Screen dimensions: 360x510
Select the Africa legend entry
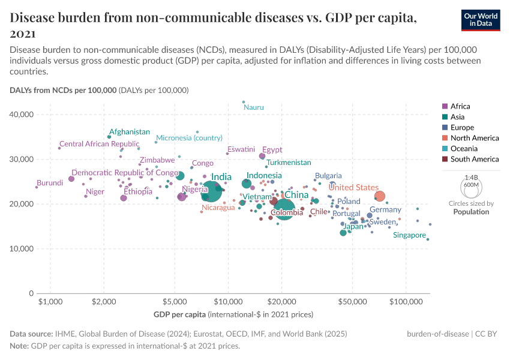(x=460, y=106)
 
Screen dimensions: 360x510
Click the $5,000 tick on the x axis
(x=174, y=303)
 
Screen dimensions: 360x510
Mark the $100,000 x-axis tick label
(x=406, y=303)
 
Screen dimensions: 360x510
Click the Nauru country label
(x=253, y=107)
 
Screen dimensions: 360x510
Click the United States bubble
(x=379, y=196)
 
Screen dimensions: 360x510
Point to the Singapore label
(x=409, y=235)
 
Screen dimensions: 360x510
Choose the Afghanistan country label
(x=129, y=132)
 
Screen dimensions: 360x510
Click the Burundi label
(x=50, y=183)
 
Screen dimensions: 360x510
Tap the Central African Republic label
(x=99, y=144)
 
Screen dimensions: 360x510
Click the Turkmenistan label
(x=289, y=163)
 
